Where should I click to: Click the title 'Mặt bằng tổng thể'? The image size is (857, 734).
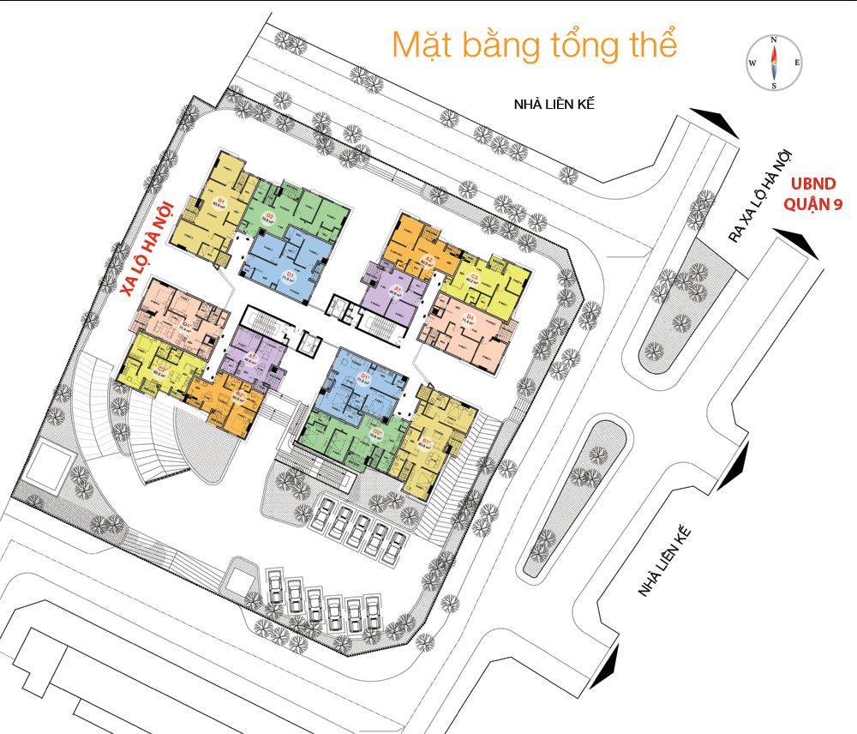[534, 45]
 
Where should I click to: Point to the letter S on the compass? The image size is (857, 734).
[774, 85]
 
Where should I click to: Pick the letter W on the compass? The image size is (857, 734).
[752, 63]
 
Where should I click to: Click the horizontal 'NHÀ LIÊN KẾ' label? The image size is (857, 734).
[553, 105]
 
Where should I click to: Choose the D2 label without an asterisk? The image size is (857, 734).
[269, 215]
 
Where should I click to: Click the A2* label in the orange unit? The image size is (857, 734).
[240, 396]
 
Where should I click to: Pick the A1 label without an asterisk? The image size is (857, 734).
[397, 290]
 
